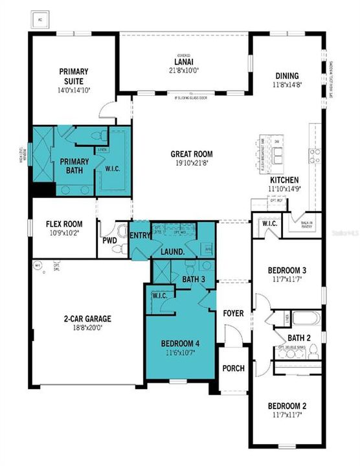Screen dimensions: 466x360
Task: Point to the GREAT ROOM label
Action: (192, 154)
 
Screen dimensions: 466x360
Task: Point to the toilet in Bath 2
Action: (313, 350)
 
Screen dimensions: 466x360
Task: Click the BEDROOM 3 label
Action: (286, 270)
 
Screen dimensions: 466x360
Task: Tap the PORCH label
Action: (233, 368)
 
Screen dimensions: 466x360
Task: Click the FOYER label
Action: (233, 313)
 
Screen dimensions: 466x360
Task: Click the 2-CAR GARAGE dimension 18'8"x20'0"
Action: (87, 328)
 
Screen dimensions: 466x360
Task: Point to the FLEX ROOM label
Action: (63, 224)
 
